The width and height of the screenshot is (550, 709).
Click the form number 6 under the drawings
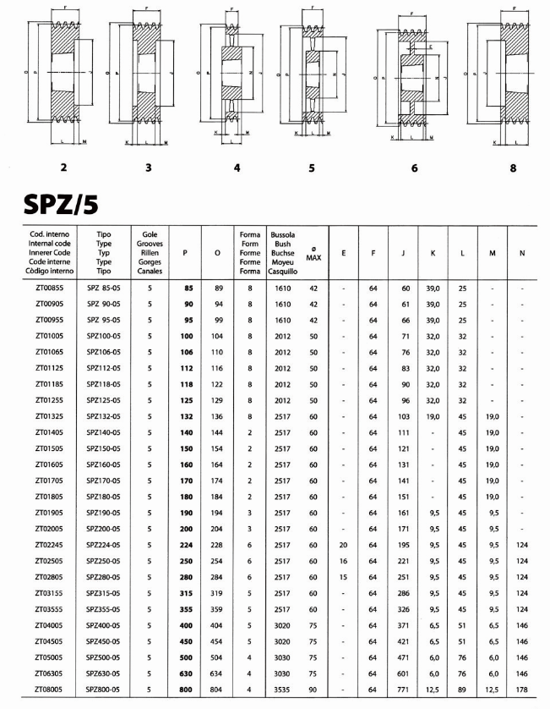point(414,168)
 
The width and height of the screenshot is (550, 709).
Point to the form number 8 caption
point(513,168)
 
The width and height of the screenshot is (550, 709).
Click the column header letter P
point(185,252)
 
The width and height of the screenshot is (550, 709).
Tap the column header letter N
point(523,252)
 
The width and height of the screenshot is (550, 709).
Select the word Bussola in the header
point(280,233)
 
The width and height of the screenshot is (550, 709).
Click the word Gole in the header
point(149,233)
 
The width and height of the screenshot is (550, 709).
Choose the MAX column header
point(313,257)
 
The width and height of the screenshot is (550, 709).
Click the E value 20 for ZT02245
point(343,544)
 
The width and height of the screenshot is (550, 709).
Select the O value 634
point(218,673)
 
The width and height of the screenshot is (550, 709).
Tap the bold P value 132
point(188,415)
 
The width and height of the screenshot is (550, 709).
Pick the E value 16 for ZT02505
point(343,561)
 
